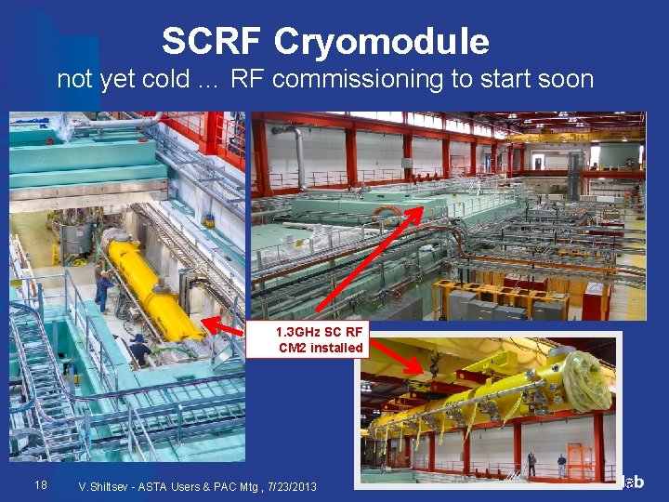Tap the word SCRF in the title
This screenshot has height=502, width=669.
coord(211,41)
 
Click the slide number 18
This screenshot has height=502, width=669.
coord(40,484)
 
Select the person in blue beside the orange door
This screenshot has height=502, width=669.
coord(561,463)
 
